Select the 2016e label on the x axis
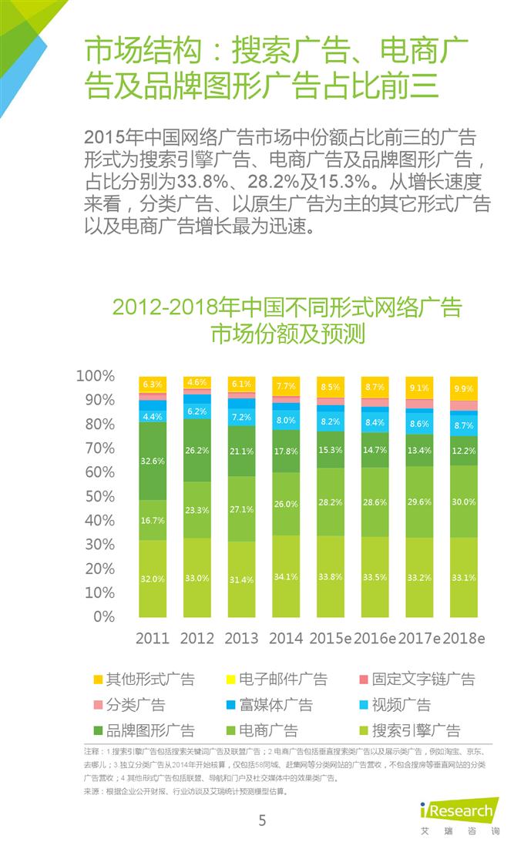pos(375,639)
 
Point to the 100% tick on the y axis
pos(96,376)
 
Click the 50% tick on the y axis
pos(99,496)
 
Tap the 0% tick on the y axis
pos(102,616)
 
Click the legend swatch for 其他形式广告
pos(98,679)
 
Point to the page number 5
pos(262,820)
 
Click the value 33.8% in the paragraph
pos(202,184)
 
